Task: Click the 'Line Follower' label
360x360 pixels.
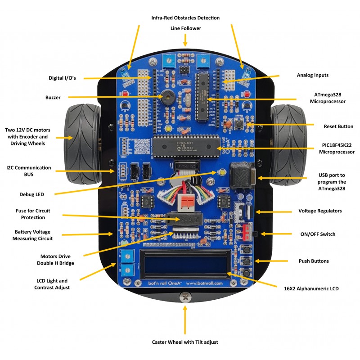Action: (185, 28)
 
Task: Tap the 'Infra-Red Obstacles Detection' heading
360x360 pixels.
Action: (185, 18)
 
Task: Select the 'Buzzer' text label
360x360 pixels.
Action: (53, 97)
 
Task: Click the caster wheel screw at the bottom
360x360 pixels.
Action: (185, 297)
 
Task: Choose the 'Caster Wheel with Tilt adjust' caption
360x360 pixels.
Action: (185, 342)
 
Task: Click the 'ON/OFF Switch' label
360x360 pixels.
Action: (318, 234)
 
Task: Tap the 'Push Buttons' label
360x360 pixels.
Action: (314, 261)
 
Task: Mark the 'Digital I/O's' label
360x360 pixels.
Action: (62, 78)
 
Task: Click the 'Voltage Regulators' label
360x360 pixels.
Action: (320, 211)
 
